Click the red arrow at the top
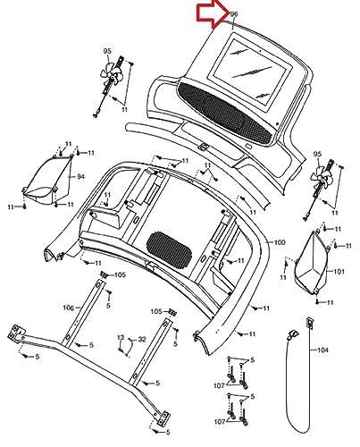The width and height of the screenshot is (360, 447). [213, 13]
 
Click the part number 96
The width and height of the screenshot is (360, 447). [234, 13]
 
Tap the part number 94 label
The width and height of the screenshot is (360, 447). [80, 177]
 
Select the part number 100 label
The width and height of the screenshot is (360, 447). [280, 242]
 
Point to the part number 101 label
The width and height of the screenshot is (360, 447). [339, 272]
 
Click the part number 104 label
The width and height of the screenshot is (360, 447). [322, 350]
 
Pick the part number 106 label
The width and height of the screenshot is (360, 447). [68, 308]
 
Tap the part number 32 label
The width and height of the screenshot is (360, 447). [142, 339]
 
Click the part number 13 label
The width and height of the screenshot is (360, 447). [121, 337]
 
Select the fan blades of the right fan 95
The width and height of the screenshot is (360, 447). [321, 176]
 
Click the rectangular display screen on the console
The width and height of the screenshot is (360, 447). [249, 71]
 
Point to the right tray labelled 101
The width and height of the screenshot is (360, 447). [311, 263]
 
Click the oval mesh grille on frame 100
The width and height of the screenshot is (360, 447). [169, 249]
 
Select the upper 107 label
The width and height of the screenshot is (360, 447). [219, 385]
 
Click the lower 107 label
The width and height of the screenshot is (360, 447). [220, 422]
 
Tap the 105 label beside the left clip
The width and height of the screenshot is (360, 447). [120, 274]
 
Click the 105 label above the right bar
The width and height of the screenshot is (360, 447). [156, 311]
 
